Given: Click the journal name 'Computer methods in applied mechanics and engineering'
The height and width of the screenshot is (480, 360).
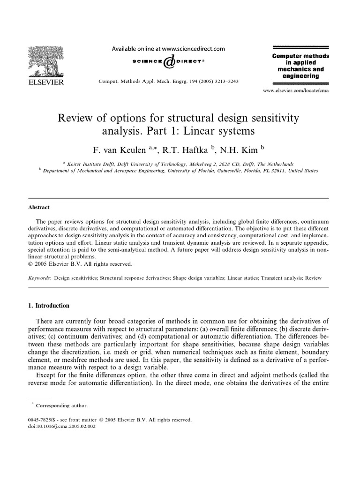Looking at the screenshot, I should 300,66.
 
